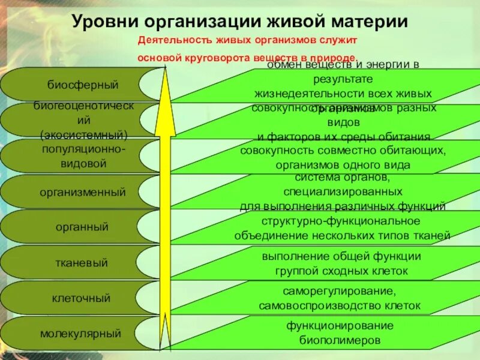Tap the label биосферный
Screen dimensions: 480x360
point(83,84)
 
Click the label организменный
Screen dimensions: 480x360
point(83,193)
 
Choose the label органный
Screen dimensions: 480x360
point(82,227)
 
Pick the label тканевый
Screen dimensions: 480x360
point(82,262)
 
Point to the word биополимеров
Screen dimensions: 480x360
point(340,340)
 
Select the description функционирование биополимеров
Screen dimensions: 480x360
point(340,332)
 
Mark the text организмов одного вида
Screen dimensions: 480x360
point(343,164)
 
